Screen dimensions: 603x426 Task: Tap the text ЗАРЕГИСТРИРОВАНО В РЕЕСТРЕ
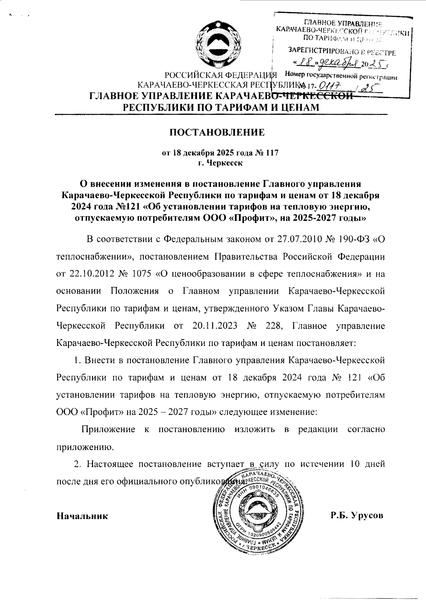pyautogui.click(x=342, y=53)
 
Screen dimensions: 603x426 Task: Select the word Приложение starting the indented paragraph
pyautogui.click(x=108, y=429)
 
